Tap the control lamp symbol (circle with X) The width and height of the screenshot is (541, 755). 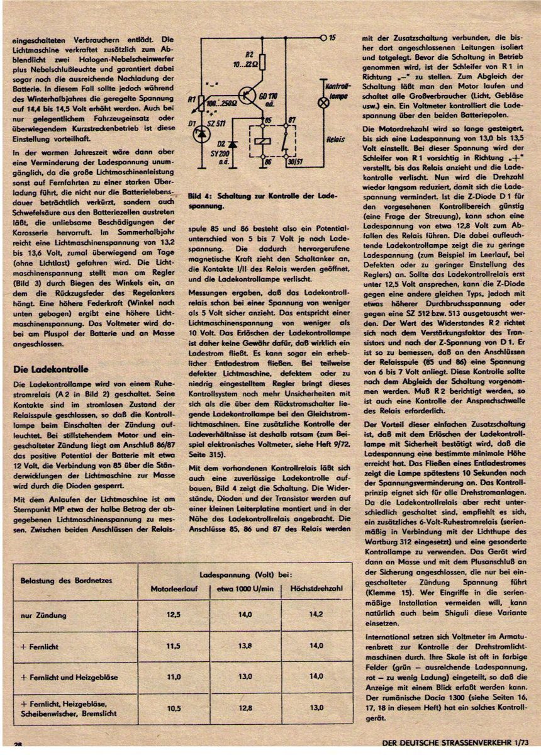[324, 103]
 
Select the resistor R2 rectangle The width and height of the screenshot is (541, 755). [262, 62]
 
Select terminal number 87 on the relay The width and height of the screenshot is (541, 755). [291, 120]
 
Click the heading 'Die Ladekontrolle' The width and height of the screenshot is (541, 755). [51, 369]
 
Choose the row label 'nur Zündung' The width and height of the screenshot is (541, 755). [42, 615]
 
